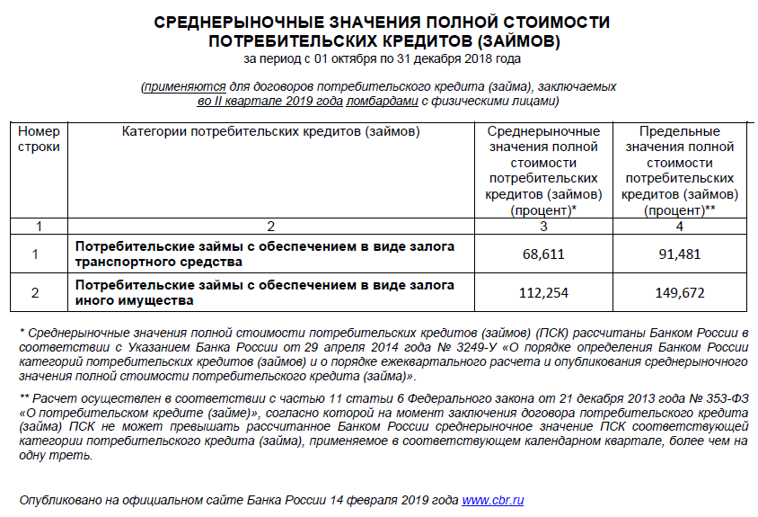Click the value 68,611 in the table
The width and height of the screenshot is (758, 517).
pos(543,254)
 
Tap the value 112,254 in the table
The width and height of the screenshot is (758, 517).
pos(543,293)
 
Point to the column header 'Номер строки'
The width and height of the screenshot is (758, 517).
pos(39,138)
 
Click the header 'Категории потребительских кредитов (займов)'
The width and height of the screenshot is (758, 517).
pos(270,131)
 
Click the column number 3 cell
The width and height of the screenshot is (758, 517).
pos(543,226)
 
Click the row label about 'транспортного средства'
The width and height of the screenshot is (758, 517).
pos(265,254)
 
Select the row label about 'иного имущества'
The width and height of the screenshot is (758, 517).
pos(265,293)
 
